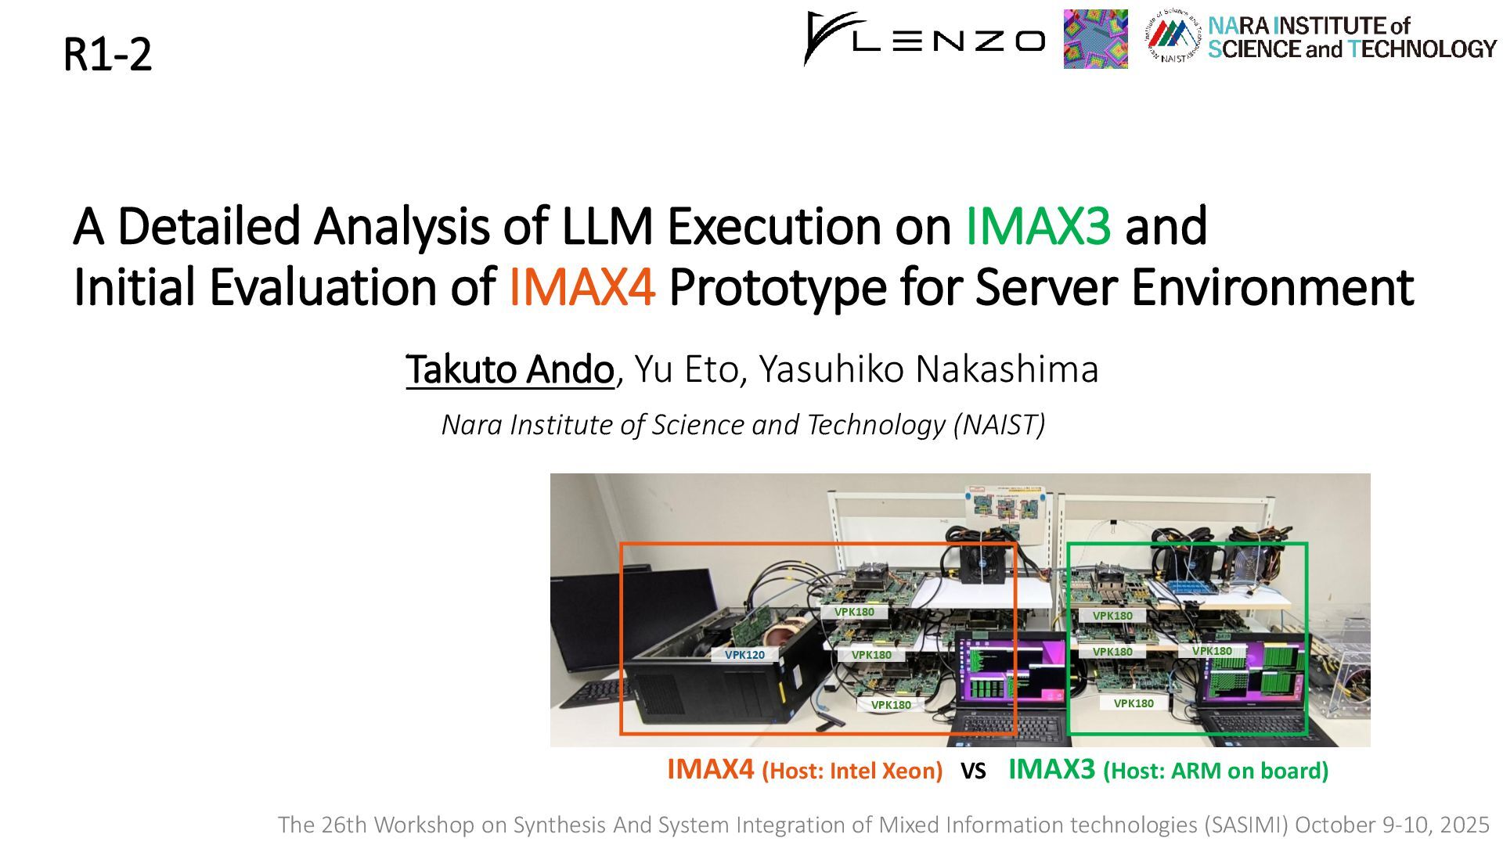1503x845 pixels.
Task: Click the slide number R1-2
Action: (107, 55)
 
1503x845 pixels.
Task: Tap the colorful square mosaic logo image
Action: (1095, 39)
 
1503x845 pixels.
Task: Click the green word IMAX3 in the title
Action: (1038, 226)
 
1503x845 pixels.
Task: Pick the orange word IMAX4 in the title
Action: (582, 287)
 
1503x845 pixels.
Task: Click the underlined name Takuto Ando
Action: (510, 369)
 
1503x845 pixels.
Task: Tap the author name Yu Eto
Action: (687, 369)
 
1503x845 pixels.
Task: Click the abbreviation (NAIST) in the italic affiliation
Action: (999, 424)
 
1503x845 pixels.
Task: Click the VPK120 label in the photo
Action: (744, 655)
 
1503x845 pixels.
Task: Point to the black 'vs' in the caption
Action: (973, 772)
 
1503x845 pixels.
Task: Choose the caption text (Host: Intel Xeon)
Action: (852, 771)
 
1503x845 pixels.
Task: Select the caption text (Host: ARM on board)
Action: (1216, 771)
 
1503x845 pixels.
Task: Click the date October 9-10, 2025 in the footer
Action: (1392, 825)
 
